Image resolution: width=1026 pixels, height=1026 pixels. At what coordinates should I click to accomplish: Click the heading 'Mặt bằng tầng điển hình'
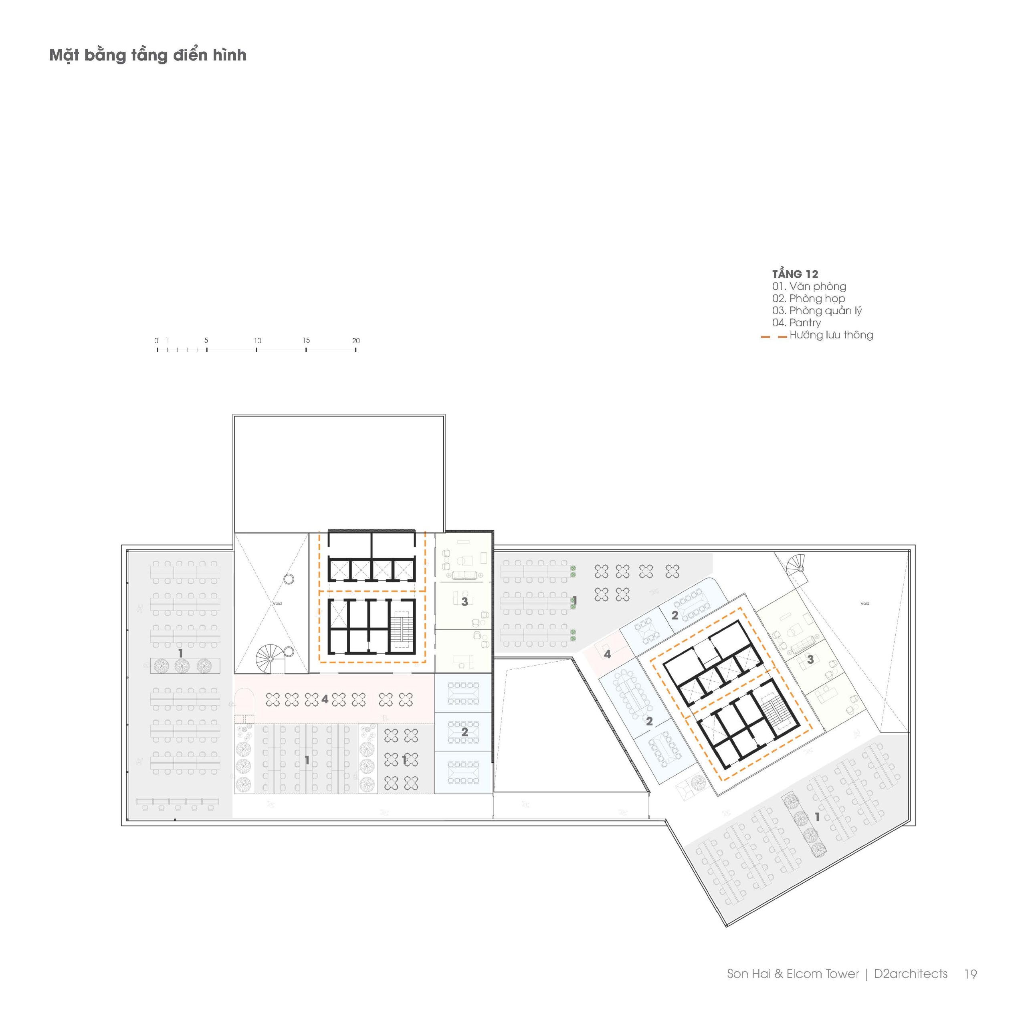[147, 55]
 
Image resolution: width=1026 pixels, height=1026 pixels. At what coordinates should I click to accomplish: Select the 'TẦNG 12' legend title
[795, 274]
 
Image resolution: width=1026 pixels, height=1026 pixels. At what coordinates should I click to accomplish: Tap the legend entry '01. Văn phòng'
[809, 286]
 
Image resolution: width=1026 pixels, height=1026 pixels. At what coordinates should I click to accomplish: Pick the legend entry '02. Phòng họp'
[808, 299]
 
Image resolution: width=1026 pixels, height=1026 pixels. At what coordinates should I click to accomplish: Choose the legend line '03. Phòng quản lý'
[817, 311]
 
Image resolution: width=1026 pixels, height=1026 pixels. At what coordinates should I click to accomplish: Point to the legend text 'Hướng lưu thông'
[831, 335]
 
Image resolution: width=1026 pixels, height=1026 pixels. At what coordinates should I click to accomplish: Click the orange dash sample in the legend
[774, 337]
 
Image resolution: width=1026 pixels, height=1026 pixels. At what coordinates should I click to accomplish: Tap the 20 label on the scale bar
[356, 340]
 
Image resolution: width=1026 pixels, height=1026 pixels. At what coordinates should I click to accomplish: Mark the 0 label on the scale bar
[156, 340]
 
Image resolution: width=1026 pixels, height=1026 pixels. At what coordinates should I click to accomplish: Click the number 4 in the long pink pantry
[325, 699]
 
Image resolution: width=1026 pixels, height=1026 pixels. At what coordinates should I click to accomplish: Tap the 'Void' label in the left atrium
[277, 603]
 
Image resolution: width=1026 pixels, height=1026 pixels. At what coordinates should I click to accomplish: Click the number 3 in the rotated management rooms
[810, 660]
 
